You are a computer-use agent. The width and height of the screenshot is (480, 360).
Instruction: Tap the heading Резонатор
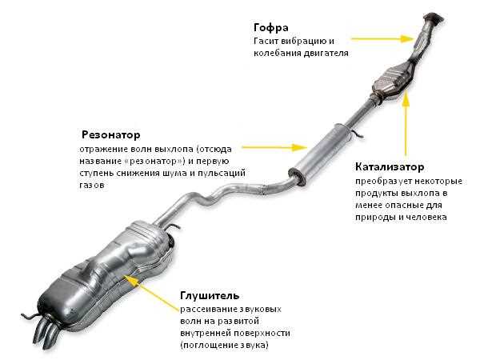coord(111,134)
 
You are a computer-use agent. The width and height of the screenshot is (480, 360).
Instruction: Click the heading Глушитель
coord(208,294)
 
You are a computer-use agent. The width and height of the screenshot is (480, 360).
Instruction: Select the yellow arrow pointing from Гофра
coord(379,37)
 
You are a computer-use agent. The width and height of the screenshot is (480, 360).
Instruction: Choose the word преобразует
coord(384,182)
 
